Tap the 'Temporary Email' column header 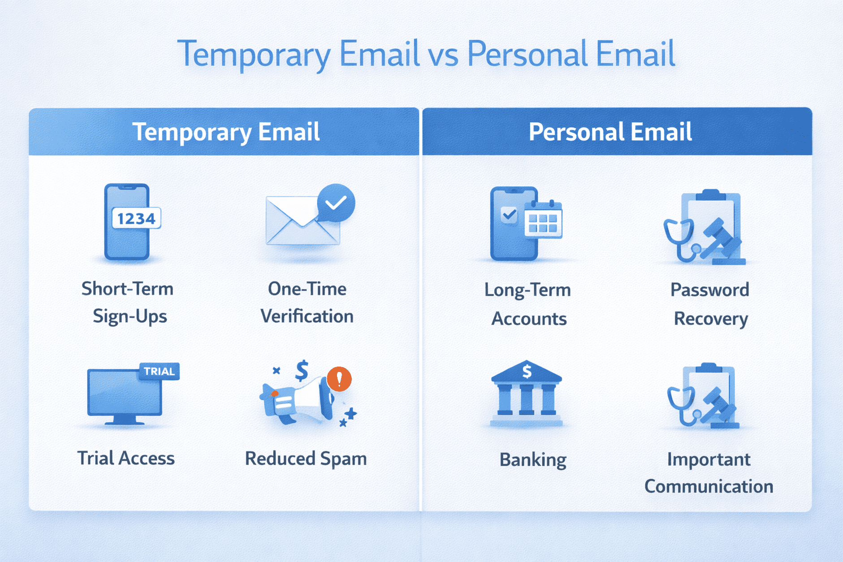point(226,132)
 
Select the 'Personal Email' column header point(610,132)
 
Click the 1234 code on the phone point(136,219)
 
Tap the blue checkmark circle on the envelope point(336,203)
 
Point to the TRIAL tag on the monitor point(159,372)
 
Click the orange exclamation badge point(339,379)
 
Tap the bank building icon point(526,393)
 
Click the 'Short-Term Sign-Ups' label point(128,303)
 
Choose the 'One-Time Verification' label point(307,303)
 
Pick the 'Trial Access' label point(126,458)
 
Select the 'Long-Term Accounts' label point(528,304)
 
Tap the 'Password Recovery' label point(710,304)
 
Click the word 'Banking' point(533,460)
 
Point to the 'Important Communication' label point(709,473)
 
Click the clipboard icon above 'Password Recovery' point(710,226)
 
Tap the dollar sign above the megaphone point(302,370)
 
